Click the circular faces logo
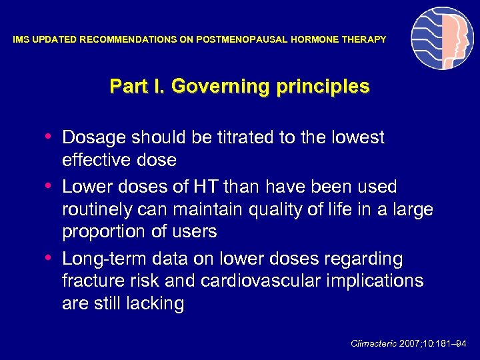(x=442, y=39)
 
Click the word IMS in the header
(x=21, y=40)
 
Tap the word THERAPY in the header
(x=364, y=40)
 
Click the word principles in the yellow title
(x=327, y=87)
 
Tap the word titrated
(x=243, y=137)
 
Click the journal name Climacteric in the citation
(x=373, y=343)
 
